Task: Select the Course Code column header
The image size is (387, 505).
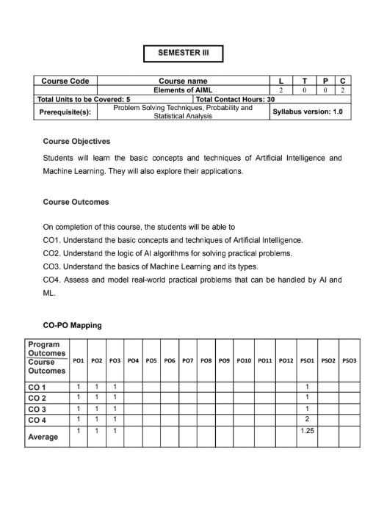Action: pyautogui.click(x=65, y=81)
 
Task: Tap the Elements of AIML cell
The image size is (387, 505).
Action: pyautogui.click(x=183, y=90)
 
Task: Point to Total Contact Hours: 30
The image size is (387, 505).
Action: pyautogui.click(x=235, y=98)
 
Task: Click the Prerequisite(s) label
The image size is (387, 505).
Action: pyautogui.click(x=65, y=112)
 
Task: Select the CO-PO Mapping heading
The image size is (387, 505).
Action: pyautogui.click(x=72, y=324)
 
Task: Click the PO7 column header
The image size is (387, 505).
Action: pyautogui.click(x=187, y=361)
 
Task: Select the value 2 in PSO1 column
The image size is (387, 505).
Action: pyautogui.click(x=307, y=419)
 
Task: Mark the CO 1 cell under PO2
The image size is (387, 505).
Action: pyautogui.click(x=96, y=386)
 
